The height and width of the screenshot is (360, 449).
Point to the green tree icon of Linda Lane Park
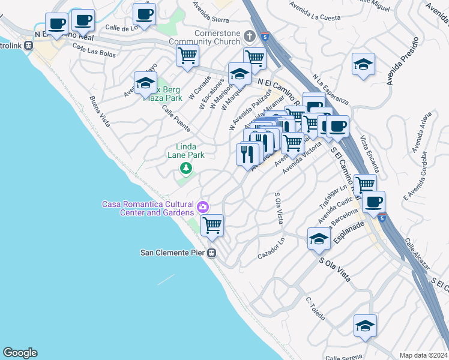186,168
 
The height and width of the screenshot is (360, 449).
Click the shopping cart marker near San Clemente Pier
212,226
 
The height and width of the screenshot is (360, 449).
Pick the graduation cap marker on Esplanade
319,239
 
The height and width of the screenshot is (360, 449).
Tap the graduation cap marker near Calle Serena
365,325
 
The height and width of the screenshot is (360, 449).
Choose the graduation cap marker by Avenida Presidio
363,64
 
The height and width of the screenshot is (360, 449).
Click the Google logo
20,353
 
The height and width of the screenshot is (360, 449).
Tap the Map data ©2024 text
423,355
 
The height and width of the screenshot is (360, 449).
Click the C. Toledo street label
315,307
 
